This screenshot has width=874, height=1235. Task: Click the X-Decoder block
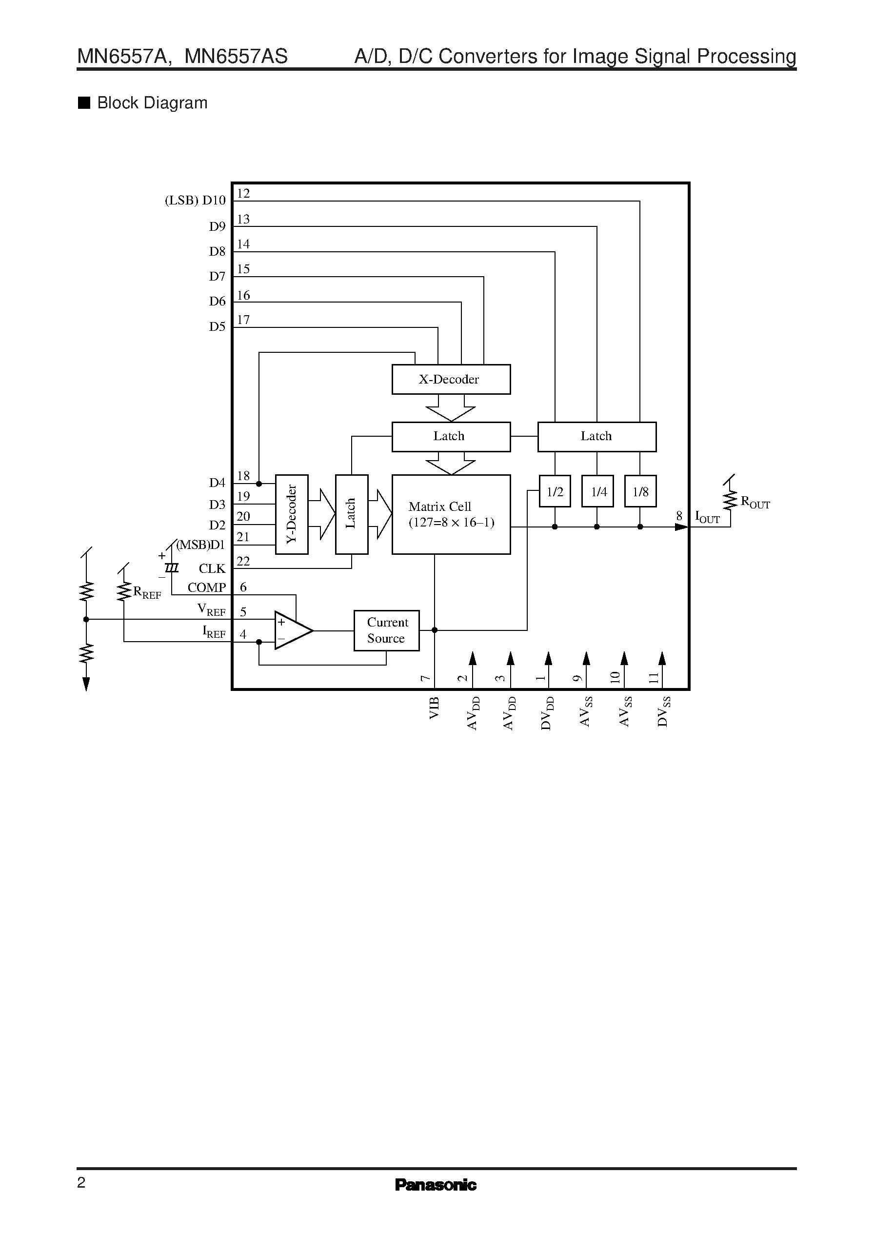click(451, 379)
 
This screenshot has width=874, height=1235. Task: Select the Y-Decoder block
click(291, 514)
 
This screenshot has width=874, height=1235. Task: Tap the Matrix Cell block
click(451, 514)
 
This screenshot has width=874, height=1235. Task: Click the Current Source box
click(386, 630)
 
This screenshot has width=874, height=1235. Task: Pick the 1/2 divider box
click(555, 491)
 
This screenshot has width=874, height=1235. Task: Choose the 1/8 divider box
click(640, 491)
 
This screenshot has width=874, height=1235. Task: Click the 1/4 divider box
click(597, 491)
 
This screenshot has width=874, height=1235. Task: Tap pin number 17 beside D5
click(243, 320)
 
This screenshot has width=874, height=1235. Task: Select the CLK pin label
click(212, 568)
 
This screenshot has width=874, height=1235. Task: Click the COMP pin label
click(207, 587)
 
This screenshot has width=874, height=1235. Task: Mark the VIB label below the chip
click(434, 708)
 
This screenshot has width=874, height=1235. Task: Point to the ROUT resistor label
click(755, 502)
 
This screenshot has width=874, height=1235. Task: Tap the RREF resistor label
click(146, 593)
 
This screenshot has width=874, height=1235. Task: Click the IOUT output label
click(707, 517)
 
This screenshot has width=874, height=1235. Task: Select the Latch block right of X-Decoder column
click(596, 436)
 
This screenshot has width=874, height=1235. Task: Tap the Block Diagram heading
click(152, 103)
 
